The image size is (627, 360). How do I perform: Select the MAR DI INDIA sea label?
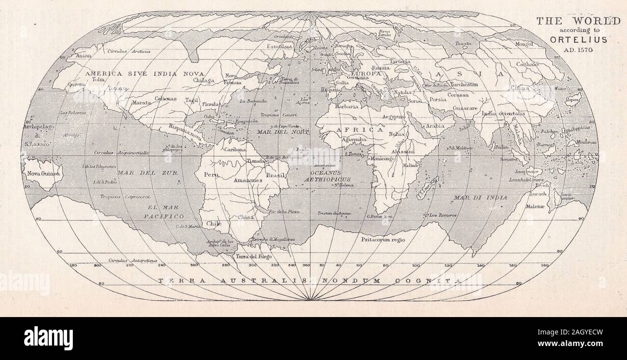tap(480, 197)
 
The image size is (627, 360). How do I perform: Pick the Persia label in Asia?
tap(437, 99)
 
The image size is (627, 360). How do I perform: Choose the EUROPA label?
tap(366, 74)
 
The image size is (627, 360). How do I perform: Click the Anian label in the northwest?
tap(84, 55)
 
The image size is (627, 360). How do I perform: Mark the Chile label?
tap(214, 223)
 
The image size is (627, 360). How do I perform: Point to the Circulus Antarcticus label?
tap(133, 261)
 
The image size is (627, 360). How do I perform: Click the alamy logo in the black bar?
tap(48, 338)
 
